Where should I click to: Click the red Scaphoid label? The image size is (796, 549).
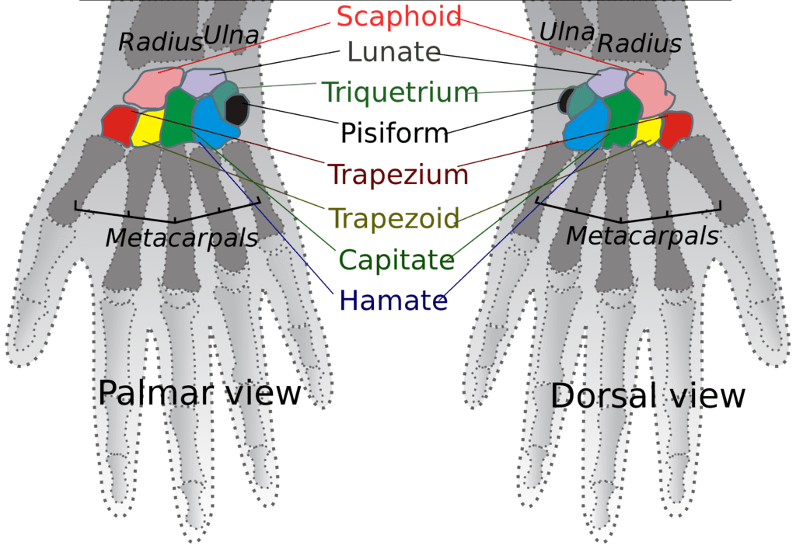[398, 16]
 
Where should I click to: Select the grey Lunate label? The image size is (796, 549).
[394, 53]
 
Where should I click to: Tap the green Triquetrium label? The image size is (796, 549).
[400, 92]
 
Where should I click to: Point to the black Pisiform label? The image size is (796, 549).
[395, 133]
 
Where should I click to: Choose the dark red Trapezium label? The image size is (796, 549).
[398, 174]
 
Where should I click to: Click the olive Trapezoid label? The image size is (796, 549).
[394, 217]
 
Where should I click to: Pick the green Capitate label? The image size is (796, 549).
[396, 259]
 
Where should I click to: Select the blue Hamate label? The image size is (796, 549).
[393, 301]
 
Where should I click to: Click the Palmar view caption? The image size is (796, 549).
[199, 393]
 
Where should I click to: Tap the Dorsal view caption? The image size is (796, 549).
[648, 396]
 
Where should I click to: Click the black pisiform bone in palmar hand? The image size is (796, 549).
[236, 109]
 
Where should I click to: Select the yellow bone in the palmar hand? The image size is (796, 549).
[148, 128]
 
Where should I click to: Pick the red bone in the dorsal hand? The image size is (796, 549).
[676, 129]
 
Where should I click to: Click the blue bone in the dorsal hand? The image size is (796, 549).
[584, 124]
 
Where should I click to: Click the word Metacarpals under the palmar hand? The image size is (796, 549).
[181, 238]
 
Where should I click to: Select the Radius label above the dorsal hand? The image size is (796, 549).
[639, 44]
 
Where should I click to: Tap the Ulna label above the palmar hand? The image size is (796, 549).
[231, 35]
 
